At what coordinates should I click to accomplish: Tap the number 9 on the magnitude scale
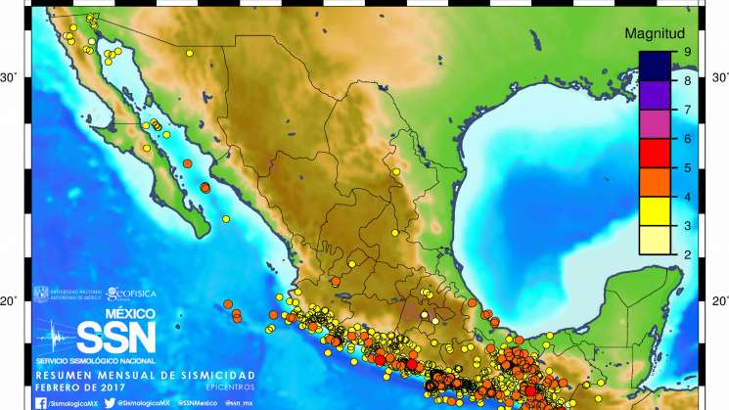coord(689,53)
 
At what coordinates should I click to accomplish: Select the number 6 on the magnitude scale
coord(689,139)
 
